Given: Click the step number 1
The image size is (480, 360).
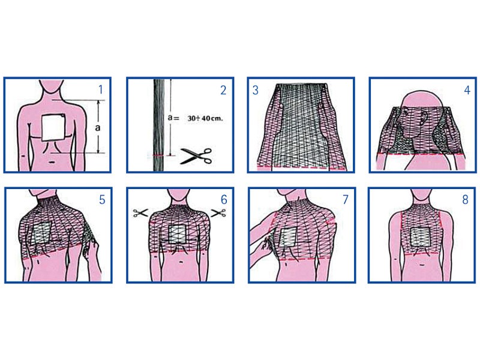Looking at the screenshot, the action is pos(100,89).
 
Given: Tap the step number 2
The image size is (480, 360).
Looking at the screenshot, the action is pos(223,91).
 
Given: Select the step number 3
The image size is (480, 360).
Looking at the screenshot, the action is pos(256,91).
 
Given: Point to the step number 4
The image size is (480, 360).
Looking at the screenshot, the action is pos(467,90).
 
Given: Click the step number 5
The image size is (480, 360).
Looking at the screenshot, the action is pos(102,200).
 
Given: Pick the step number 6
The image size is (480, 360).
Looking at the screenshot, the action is pos(224,200).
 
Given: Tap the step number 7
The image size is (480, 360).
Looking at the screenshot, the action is pos(346,200).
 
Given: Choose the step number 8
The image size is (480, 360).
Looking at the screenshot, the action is pos(466,200).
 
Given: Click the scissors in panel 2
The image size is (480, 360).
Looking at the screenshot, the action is pos(196,156).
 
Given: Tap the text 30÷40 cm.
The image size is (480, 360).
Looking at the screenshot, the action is pos(205,118).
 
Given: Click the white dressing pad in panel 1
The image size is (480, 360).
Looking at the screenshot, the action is pos(53,128).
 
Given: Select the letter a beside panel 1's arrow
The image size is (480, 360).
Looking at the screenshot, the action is pos(97,127).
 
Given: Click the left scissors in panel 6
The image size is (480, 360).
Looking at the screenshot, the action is pos(140,213).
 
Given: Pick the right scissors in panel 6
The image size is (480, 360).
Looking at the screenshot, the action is pos(218,213).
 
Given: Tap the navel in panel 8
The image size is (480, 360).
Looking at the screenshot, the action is pos(423,265).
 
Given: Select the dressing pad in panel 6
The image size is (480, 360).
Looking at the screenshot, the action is pos(177,235).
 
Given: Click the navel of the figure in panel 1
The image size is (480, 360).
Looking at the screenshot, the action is pos(52,161).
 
